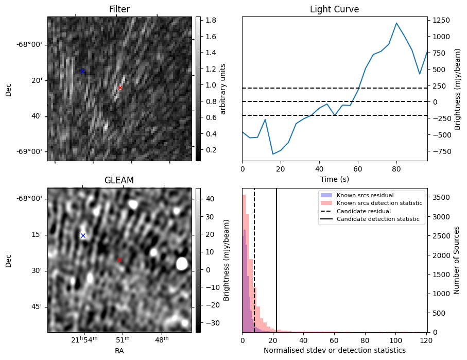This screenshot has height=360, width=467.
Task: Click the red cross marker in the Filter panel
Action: tap(120, 88)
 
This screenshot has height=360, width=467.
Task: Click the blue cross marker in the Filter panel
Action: tap(82, 71)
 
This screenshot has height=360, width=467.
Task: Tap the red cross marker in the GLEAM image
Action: tap(119, 260)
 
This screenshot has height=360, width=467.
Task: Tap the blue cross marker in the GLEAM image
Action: tap(83, 235)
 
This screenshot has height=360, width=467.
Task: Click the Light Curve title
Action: tap(334, 9)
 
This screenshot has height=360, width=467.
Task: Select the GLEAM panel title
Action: tap(119, 180)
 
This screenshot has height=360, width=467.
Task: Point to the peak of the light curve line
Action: tap(396, 23)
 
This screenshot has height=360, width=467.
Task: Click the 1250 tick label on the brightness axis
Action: tap(441, 20)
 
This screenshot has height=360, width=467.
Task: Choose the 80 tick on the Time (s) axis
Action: tap(396, 168)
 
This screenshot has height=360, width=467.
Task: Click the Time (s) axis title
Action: tap(334, 178)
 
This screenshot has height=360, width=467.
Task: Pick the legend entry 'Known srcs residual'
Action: tap(365, 196)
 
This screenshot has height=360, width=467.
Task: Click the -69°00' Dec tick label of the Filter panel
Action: tap(30, 152)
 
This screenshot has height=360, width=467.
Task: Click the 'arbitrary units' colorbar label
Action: tap(223, 89)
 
